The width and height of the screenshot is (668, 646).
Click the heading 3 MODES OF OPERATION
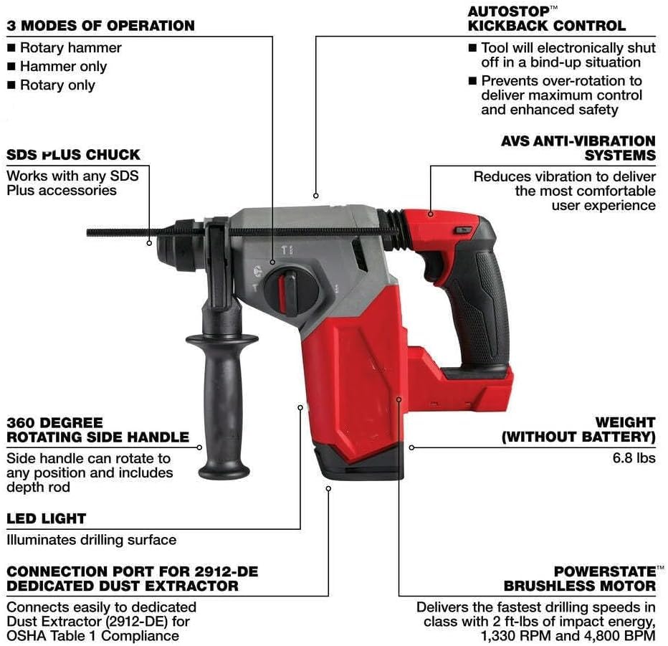[100, 26]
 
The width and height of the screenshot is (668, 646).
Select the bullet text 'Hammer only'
[63, 67]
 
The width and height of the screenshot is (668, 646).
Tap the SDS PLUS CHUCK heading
[73, 155]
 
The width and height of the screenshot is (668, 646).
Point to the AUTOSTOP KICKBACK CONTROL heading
[546, 19]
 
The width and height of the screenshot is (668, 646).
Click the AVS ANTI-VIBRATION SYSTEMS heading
[578, 148]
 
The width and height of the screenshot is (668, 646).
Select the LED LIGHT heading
[46, 518]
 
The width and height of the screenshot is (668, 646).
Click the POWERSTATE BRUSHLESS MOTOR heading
[579, 579]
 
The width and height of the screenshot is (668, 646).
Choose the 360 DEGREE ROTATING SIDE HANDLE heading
[97, 429]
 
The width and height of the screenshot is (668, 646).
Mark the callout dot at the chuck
[149, 242]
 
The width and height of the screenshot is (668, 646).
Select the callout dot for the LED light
[300, 407]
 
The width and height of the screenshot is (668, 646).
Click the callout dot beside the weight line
[411, 447]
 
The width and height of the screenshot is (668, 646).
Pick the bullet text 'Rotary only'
[57, 85]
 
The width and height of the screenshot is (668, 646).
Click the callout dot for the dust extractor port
[328, 488]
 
